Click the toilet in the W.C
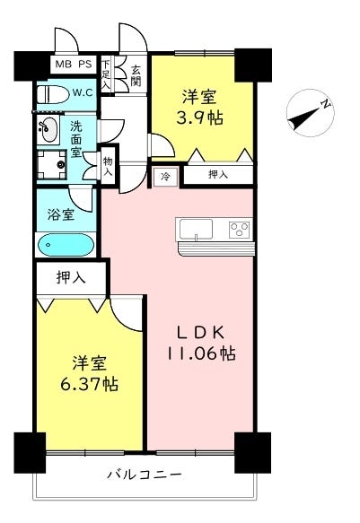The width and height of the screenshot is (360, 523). [x=52, y=95]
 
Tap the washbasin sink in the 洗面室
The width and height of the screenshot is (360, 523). [x=48, y=129]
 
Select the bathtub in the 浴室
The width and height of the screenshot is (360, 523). [x=66, y=245]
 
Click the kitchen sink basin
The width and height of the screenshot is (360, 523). [x=197, y=229]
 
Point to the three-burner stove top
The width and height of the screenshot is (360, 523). [x=240, y=229]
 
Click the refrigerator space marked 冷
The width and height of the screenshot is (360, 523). [x=165, y=177]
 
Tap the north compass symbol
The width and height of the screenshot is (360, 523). [x=311, y=113]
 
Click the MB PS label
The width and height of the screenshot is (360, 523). [x=74, y=64]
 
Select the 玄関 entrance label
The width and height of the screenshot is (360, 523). [x=136, y=75]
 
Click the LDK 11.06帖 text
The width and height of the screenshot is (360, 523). [x=201, y=343]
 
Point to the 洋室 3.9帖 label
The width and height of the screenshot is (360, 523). [x=199, y=107]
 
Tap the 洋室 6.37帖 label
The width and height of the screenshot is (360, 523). [x=89, y=373]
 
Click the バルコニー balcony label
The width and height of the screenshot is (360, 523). [x=145, y=475]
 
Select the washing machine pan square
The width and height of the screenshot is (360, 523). [x=51, y=165]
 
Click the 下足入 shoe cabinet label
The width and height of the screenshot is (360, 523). [x=106, y=74]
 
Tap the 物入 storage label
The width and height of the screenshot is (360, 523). [x=108, y=167]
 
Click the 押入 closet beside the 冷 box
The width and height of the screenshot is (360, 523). [x=218, y=174]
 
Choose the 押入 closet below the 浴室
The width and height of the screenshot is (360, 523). [x=71, y=277]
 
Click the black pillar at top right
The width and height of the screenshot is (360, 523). [x=253, y=65]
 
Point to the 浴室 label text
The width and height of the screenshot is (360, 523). [x=61, y=214]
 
